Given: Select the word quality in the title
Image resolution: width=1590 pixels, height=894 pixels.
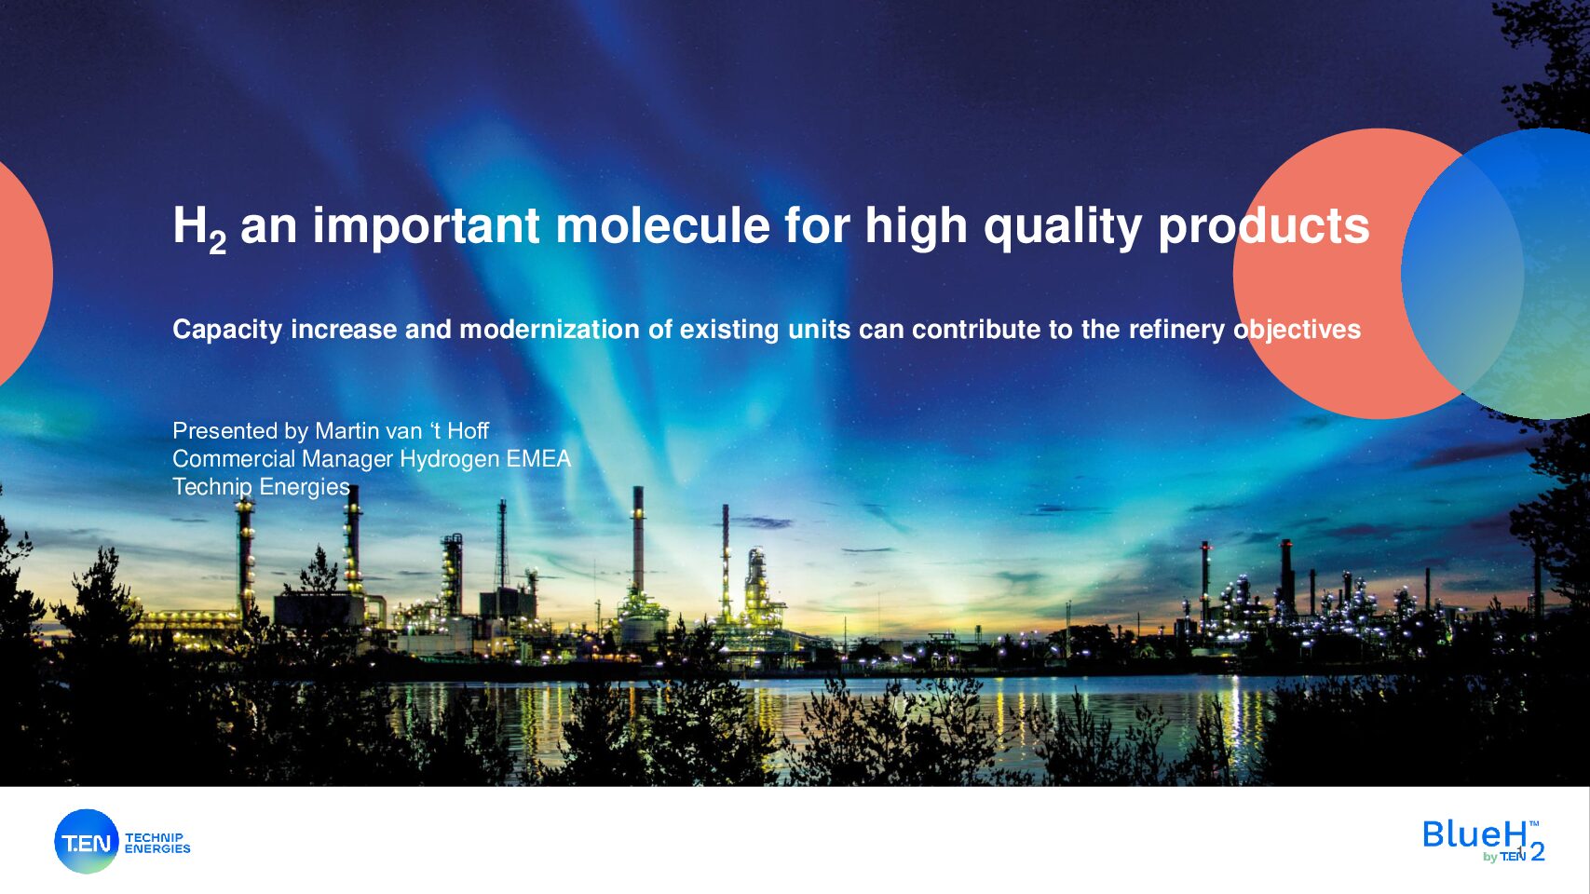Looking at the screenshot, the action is click(1062, 228).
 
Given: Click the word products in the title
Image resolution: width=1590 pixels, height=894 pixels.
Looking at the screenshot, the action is click(1263, 228).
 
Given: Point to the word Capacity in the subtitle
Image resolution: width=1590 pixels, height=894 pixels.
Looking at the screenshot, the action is click(227, 331).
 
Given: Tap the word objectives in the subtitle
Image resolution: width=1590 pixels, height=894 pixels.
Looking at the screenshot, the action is click(1297, 331).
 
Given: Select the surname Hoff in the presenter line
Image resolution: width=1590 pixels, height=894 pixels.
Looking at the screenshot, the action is click(468, 430).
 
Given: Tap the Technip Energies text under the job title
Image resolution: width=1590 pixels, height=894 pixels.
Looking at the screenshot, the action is click(261, 487).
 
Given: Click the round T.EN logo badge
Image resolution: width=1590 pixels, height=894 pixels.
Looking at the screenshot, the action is click(87, 842).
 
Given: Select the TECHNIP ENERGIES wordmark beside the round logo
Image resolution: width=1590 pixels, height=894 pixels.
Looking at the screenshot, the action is click(157, 843).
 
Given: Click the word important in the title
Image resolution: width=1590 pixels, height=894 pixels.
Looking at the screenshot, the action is click(426, 227).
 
